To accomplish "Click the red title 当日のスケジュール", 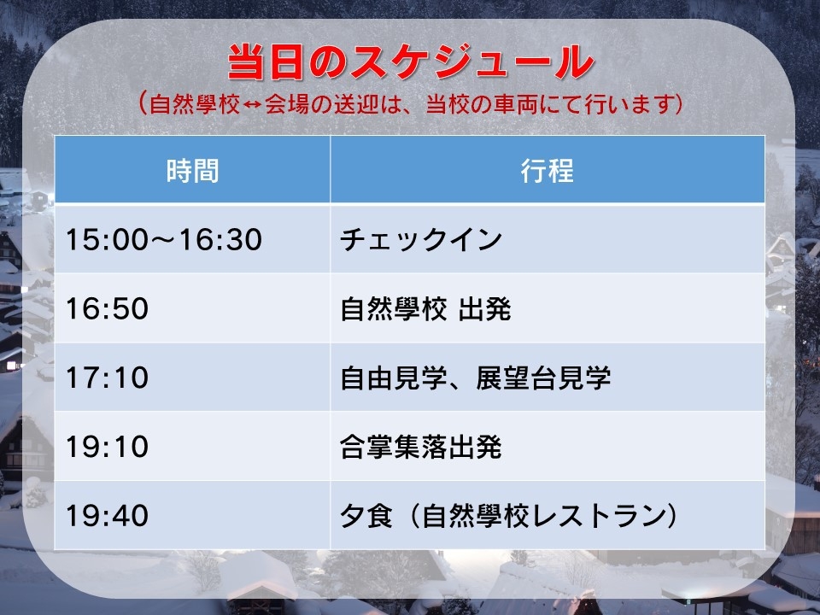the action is (411, 61).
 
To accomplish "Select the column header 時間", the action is (192, 171).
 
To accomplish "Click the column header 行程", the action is (547, 171).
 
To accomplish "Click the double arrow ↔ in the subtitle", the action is (253, 104).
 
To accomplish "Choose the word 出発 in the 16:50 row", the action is (485, 308).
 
